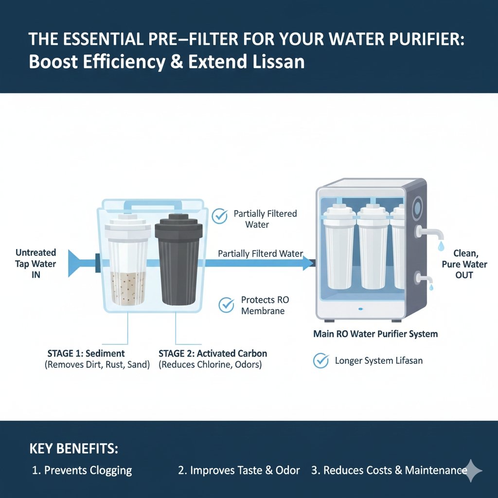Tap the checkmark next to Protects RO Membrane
pyautogui.click(x=227, y=305)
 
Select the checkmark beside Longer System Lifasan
pyautogui.click(x=320, y=361)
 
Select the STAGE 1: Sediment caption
pyautogui.click(x=86, y=354)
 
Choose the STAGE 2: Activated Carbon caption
pyautogui.click(x=213, y=354)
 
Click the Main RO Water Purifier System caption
pyautogui.click(x=375, y=334)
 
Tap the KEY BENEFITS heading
pyautogui.click(x=74, y=448)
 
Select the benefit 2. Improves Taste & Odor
pyautogui.click(x=238, y=470)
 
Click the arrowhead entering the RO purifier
pyautogui.click(x=307, y=263)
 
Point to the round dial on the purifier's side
pyautogui.click(x=417, y=209)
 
